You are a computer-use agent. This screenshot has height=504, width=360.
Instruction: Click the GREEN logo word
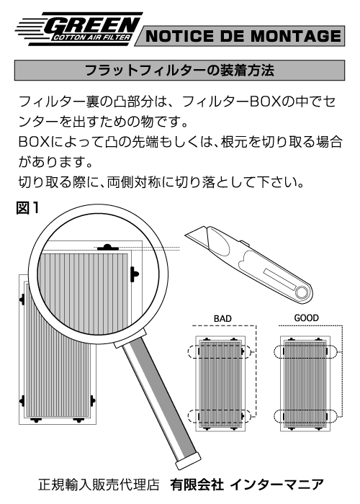pyautogui.click(x=92, y=24)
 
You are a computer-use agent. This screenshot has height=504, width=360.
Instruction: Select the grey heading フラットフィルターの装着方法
pyautogui.click(x=179, y=70)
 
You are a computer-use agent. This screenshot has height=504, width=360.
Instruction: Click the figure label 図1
pyautogui.click(x=27, y=208)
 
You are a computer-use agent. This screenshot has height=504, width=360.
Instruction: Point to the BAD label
pyautogui.click(x=222, y=318)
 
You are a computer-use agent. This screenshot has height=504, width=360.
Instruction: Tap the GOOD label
pyautogui.click(x=306, y=318)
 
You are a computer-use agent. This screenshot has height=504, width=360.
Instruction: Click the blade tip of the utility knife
pyautogui.click(x=186, y=236)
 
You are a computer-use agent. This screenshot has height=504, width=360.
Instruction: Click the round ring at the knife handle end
pyautogui.click(x=302, y=292)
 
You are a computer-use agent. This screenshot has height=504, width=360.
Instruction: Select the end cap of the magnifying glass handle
pyautogui.click(x=188, y=460)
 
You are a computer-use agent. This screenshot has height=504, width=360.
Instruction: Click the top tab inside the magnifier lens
pyautogui.click(x=108, y=248)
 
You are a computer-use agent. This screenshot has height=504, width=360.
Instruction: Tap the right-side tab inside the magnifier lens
pyautogui.click(x=135, y=274)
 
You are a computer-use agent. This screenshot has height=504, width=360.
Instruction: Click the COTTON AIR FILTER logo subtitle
pyautogui.click(x=91, y=37)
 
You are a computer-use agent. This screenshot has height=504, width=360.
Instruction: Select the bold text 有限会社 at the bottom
pyautogui.click(x=197, y=485)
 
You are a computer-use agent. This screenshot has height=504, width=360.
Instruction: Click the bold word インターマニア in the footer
pyautogui.click(x=277, y=485)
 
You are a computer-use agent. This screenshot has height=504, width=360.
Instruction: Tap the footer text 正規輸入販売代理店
pyautogui.click(x=99, y=485)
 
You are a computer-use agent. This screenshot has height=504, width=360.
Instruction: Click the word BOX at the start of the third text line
pyautogui.click(x=34, y=142)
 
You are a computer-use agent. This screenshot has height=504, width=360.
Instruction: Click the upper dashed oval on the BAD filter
pyautogui.click(x=220, y=352)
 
